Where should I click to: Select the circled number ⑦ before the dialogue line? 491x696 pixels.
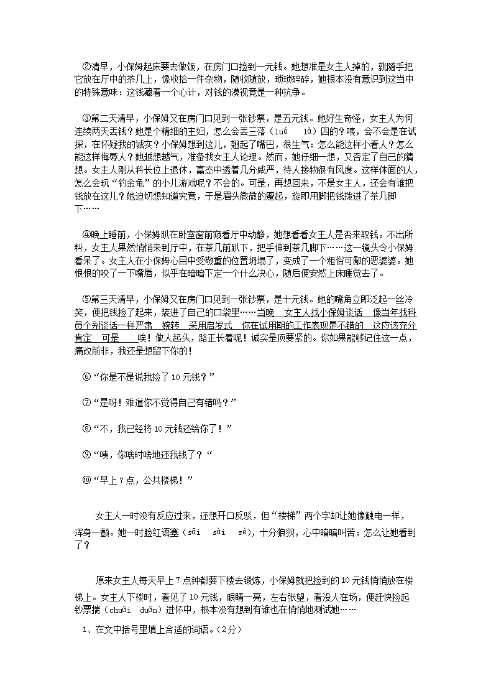click(x=86, y=401)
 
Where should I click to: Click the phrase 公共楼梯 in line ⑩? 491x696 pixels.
click(x=162, y=480)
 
